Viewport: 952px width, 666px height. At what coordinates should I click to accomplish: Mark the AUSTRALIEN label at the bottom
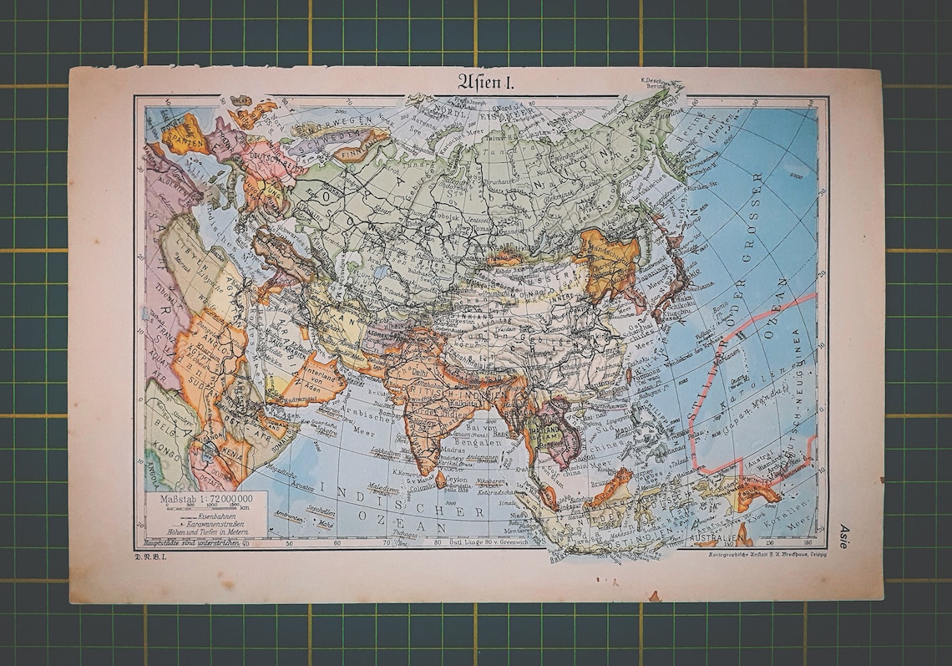coord(711,531)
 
